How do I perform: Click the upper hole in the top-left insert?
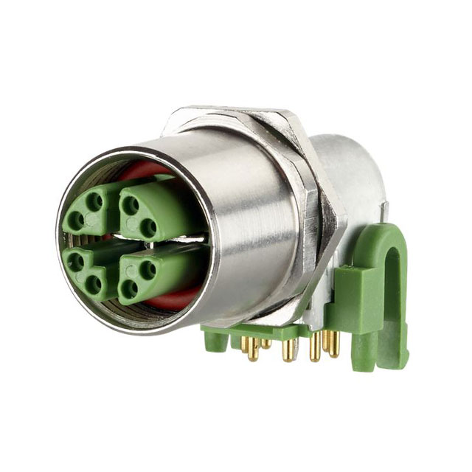(94, 200)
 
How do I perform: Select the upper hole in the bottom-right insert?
(148, 268)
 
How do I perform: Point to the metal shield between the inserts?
(111, 240)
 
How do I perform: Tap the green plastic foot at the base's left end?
(215, 339)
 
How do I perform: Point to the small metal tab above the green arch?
(384, 214)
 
